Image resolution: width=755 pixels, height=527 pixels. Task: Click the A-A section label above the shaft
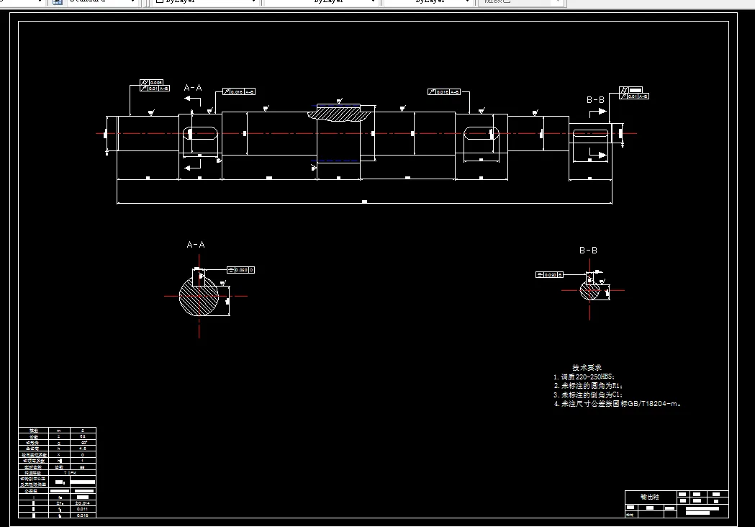point(193,88)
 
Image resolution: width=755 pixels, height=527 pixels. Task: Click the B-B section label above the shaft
point(595,99)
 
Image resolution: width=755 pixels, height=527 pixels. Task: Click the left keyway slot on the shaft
point(202,133)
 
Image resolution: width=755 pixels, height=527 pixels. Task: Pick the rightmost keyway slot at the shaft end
point(590,133)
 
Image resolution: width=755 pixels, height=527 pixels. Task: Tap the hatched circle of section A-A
point(199,296)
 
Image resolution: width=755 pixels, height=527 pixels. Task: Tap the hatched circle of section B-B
point(590,291)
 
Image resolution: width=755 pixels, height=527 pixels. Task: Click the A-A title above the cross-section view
point(196,245)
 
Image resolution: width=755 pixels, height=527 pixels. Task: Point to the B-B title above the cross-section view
point(588,251)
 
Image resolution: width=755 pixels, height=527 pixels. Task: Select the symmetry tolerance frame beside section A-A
point(240,270)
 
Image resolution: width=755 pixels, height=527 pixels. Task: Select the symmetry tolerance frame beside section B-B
point(548,274)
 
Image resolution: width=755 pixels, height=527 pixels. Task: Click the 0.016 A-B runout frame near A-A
point(239,92)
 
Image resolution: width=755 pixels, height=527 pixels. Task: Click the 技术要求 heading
point(582,368)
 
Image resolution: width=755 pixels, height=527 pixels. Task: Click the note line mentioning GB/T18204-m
point(618,404)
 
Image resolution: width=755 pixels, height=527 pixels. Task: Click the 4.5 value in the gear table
point(83,449)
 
